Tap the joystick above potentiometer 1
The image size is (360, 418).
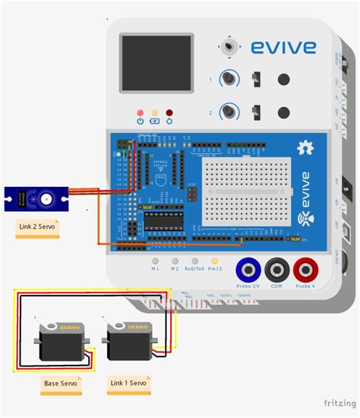(227, 47)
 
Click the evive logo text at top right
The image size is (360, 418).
(283, 48)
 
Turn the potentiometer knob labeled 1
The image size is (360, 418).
(226, 79)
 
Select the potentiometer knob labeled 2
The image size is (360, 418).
(226, 112)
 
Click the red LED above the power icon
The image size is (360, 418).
(140, 111)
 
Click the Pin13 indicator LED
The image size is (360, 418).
(216, 260)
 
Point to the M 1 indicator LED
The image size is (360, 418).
(154, 260)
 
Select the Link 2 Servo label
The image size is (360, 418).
(37, 226)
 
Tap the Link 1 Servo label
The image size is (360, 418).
(128, 383)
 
